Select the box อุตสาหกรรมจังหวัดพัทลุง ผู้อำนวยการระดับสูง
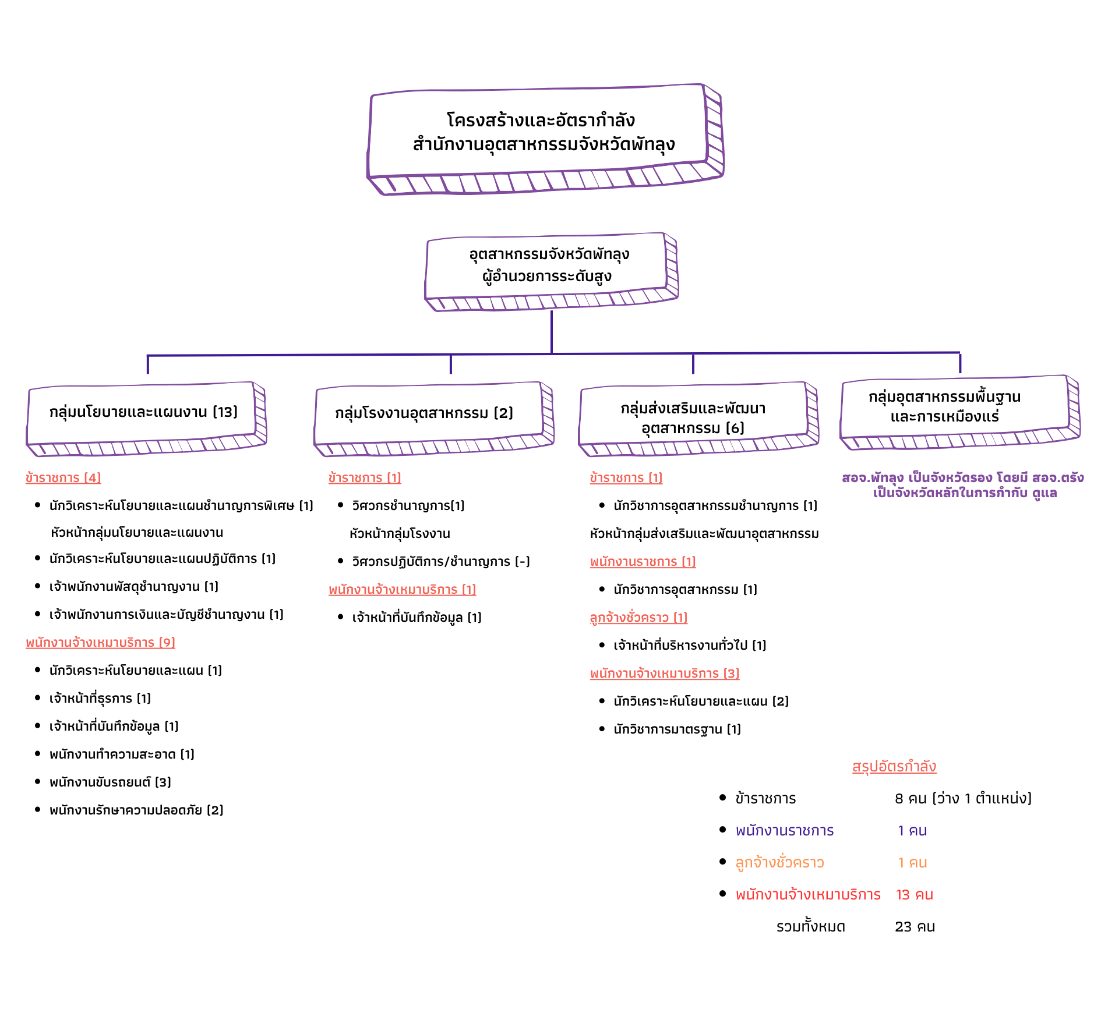coord(549,265)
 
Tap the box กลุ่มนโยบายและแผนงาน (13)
coord(143,412)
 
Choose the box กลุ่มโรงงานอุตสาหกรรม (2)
coord(424,413)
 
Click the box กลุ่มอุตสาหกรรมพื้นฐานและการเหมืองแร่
coord(944,406)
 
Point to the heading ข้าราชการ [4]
coord(63,478)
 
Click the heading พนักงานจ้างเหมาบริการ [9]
coord(100,643)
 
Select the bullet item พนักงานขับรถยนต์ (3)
coord(110,782)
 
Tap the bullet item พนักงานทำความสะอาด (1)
coord(122,755)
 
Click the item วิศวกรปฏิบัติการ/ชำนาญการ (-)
coord(440,562)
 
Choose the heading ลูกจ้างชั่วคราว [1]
coord(638,618)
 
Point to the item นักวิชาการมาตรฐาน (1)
coord(677,729)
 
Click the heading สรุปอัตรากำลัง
coord(894,767)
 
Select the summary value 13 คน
coord(914,895)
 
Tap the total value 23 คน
coord(915,927)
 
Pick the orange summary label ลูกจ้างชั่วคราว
coord(779,863)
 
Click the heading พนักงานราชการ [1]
coord(643,562)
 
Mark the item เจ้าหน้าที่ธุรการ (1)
coord(100,699)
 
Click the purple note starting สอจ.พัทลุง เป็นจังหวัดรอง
coord(962,486)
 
